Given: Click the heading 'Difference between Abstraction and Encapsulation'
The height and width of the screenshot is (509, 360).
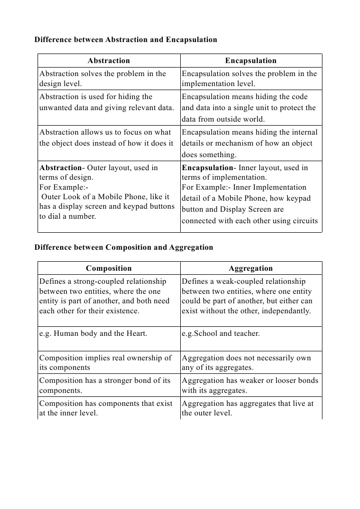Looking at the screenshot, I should click(x=126, y=40).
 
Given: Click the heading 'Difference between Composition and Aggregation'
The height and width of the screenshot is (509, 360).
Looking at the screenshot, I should click(x=124, y=247).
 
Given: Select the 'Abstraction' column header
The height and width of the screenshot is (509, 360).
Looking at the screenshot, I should click(x=109, y=61).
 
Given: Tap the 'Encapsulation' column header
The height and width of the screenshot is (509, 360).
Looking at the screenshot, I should click(x=250, y=61).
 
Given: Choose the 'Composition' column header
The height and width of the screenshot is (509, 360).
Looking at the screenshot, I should click(x=109, y=268).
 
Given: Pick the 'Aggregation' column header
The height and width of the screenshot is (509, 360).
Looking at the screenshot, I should click(x=250, y=268).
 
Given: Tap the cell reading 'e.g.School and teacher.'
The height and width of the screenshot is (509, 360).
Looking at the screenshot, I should click(x=221, y=333).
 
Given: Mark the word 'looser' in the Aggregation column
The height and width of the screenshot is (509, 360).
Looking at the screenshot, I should click(x=277, y=380).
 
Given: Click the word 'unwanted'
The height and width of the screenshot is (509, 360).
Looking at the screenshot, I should click(x=56, y=108).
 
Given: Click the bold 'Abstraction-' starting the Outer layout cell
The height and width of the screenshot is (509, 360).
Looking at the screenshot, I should click(x=61, y=168).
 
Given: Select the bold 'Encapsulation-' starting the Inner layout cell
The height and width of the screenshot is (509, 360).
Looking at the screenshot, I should click(x=207, y=168).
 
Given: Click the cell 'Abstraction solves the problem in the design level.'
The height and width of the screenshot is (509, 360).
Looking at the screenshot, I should click(x=103, y=79).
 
